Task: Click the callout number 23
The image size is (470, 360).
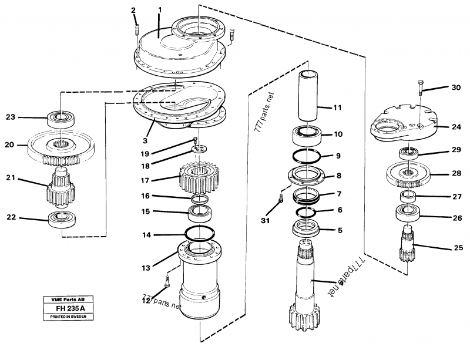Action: [11, 117]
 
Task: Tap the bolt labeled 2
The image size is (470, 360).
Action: [137, 30]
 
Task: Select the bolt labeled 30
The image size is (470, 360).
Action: [420, 88]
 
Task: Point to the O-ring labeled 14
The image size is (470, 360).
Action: [199, 233]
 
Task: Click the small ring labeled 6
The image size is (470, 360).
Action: [305, 211]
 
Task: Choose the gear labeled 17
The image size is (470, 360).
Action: [199, 179]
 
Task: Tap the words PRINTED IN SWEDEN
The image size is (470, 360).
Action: [68, 317]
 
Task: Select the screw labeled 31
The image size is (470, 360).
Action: [281, 198]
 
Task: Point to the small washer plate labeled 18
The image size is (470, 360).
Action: [199, 149]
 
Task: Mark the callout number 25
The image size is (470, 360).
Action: [458, 248]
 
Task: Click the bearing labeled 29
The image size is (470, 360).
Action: [408, 153]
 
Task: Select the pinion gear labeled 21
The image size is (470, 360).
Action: [61, 188]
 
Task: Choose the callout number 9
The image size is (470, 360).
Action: [338, 156]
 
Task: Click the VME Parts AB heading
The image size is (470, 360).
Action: [68, 299]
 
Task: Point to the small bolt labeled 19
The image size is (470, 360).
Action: [195, 140]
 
